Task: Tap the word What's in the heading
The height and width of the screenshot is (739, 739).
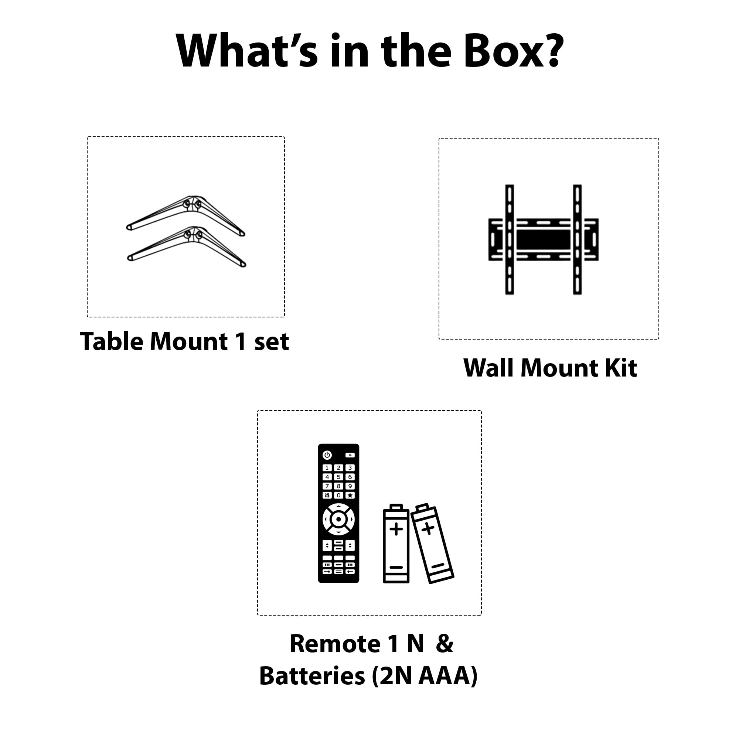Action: click(247, 51)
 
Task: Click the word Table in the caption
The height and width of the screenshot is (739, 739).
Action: click(112, 341)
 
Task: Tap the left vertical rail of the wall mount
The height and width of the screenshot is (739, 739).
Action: click(510, 239)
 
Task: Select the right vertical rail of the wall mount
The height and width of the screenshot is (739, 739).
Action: click(577, 239)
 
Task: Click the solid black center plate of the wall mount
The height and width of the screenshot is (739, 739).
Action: click(544, 239)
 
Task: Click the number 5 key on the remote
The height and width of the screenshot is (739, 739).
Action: click(338, 477)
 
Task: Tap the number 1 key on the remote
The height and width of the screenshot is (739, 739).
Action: click(327, 468)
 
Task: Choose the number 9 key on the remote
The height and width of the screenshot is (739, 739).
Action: click(350, 486)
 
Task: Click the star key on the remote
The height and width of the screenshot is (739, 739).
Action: click(350, 495)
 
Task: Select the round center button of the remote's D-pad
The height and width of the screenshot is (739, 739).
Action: click(338, 520)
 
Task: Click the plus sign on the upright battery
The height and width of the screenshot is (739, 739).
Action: click(396, 529)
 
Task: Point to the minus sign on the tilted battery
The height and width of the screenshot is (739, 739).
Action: click(438, 565)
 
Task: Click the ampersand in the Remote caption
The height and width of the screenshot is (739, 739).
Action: click(445, 644)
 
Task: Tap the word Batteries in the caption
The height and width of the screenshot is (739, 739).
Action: click(312, 676)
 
